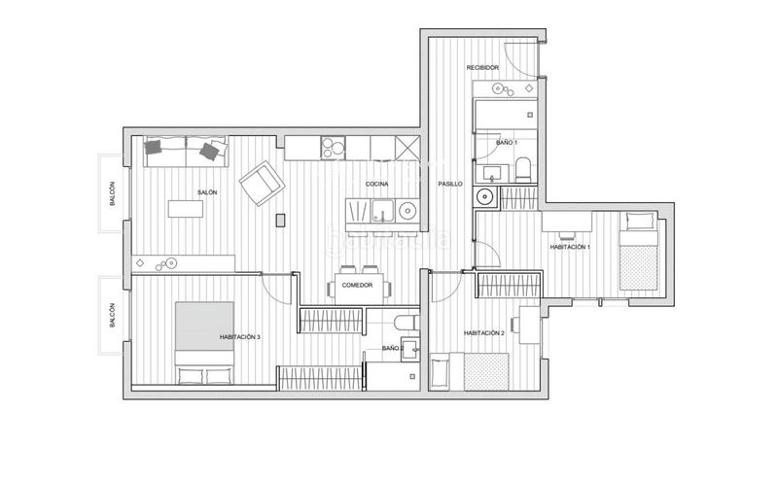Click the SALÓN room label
207,192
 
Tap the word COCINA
377,185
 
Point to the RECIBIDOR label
482,68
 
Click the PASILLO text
449,183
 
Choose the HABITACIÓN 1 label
570,248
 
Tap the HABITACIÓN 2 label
484,332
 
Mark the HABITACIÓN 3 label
240,336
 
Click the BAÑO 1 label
507,143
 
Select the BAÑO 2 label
393,347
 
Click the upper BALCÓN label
112,195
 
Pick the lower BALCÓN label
112,318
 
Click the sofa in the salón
185,150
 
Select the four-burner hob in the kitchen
334,149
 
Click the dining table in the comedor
362,287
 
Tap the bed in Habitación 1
641,255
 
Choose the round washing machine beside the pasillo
484,198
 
